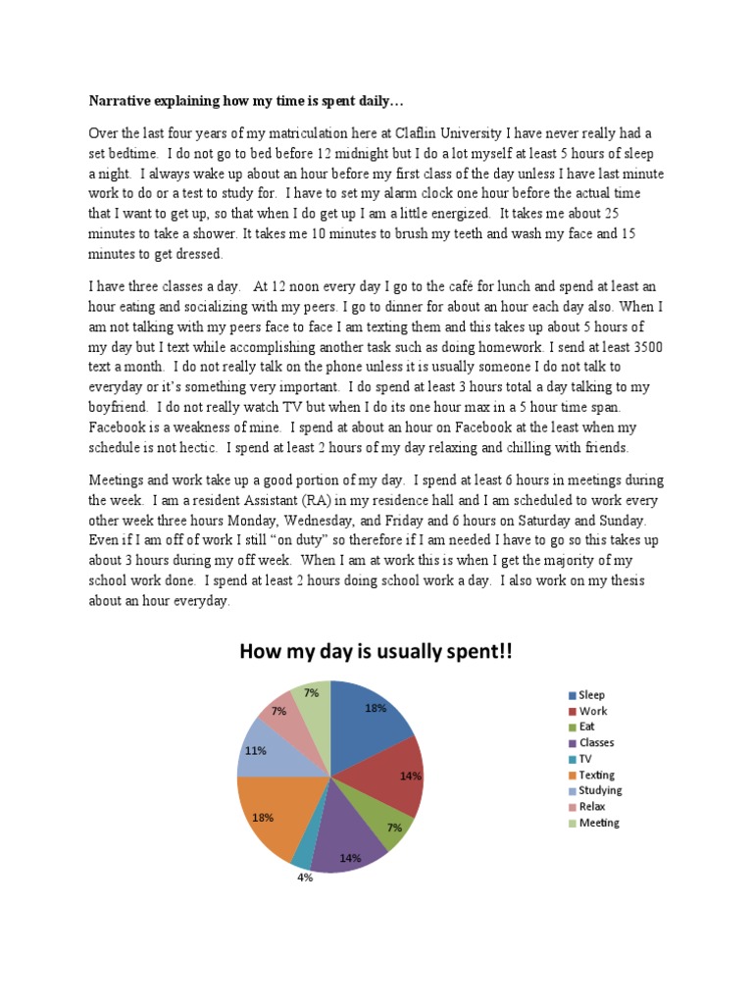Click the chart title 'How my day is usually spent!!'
(x=376, y=652)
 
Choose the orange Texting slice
(x=275, y=814)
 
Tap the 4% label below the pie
(x=305, y=878)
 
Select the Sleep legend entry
(x=592, y=695)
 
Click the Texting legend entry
(x=596, y=775)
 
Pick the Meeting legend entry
(x=598, y=823)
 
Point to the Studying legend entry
(x=600, y=790)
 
